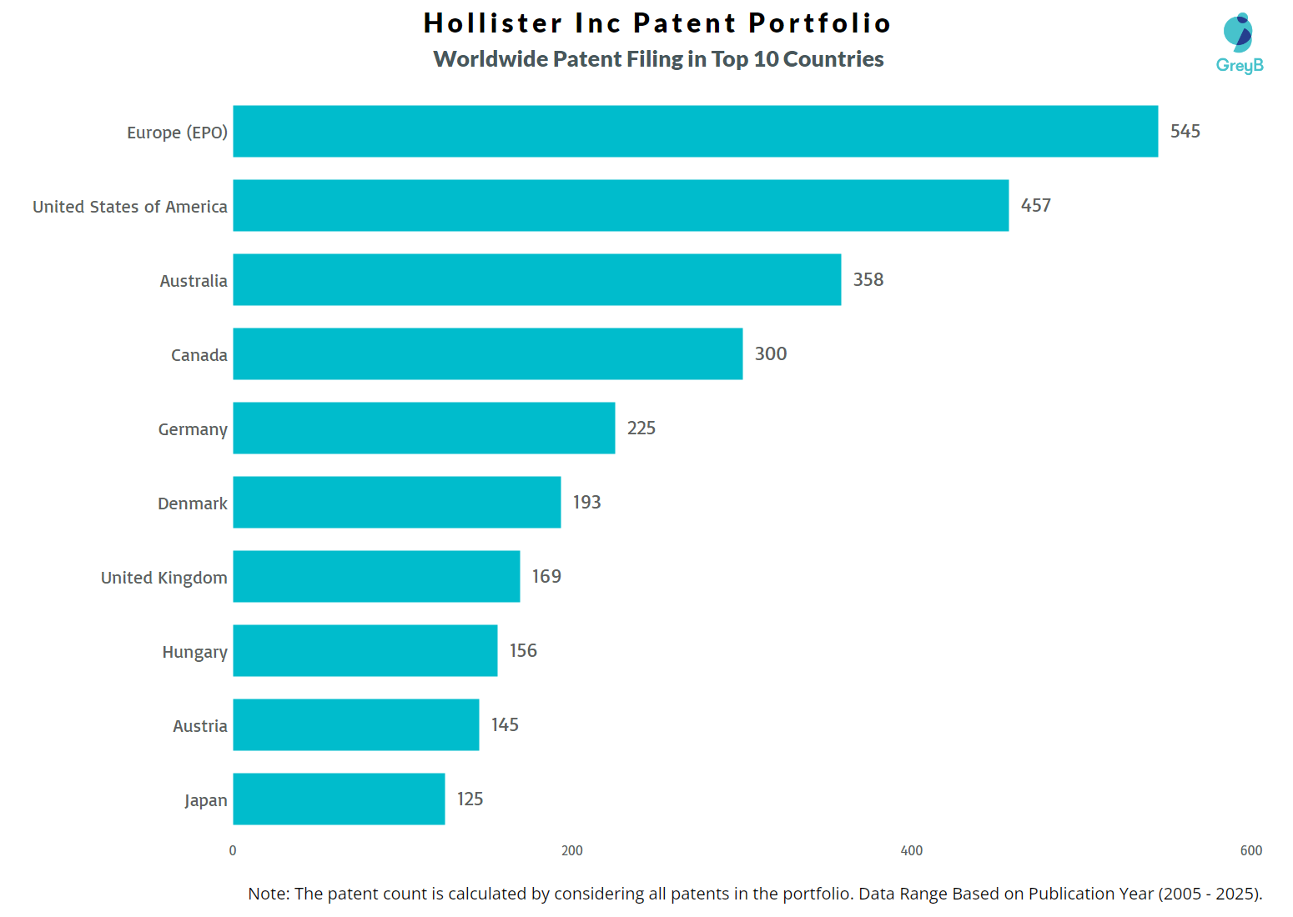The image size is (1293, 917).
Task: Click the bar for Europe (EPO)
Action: pos(695,131)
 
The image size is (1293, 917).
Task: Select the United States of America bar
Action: pos(621,205)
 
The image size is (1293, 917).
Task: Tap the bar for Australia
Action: pos(536,279)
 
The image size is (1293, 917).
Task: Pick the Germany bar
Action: pos(424,428)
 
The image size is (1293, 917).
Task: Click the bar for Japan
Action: pos(339,799)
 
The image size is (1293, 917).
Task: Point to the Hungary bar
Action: pos(365,650)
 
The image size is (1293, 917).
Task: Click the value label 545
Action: pos(1185,131)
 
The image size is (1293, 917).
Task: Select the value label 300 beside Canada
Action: pos(770,353)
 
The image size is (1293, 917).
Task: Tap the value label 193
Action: pos(586,502)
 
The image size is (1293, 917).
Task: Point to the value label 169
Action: pos(546,576)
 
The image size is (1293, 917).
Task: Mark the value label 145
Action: pos(505,724)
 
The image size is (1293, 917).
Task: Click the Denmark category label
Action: pos(192,504)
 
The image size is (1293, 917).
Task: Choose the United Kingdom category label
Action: pos(164,578)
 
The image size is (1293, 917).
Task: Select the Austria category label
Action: pos(199,726)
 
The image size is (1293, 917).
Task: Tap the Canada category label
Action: pos(199,355)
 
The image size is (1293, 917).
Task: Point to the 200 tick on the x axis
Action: pos(572,850)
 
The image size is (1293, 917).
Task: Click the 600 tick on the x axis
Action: pos(1250,850)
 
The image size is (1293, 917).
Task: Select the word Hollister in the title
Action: pos(493,23)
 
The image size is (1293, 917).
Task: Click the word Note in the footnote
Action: pos(268,894)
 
